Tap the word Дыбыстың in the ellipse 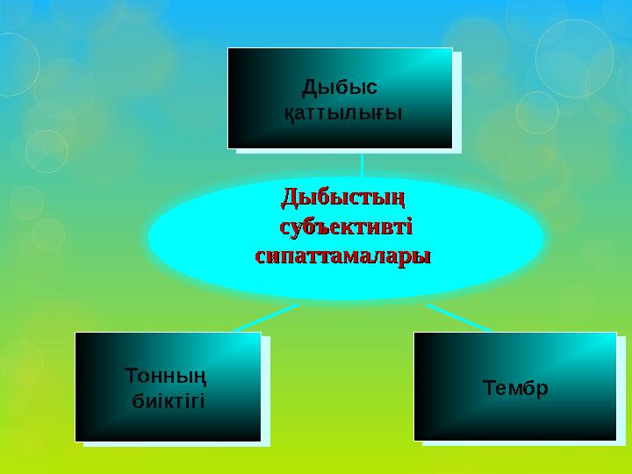(345, 195)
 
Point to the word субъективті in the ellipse (345, 226)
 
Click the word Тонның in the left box (167, 376)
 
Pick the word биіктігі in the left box (167, 401)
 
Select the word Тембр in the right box (515, 386)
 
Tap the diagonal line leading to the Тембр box (458, 318)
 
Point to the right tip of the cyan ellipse (543, 239)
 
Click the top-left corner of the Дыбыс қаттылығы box (228, 48)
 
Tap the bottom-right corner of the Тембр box (616, 440)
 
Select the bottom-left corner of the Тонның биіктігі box (75, 441)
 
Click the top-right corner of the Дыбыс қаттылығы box (452, 48)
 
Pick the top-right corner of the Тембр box (616, 333)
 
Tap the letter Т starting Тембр (487, 386)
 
